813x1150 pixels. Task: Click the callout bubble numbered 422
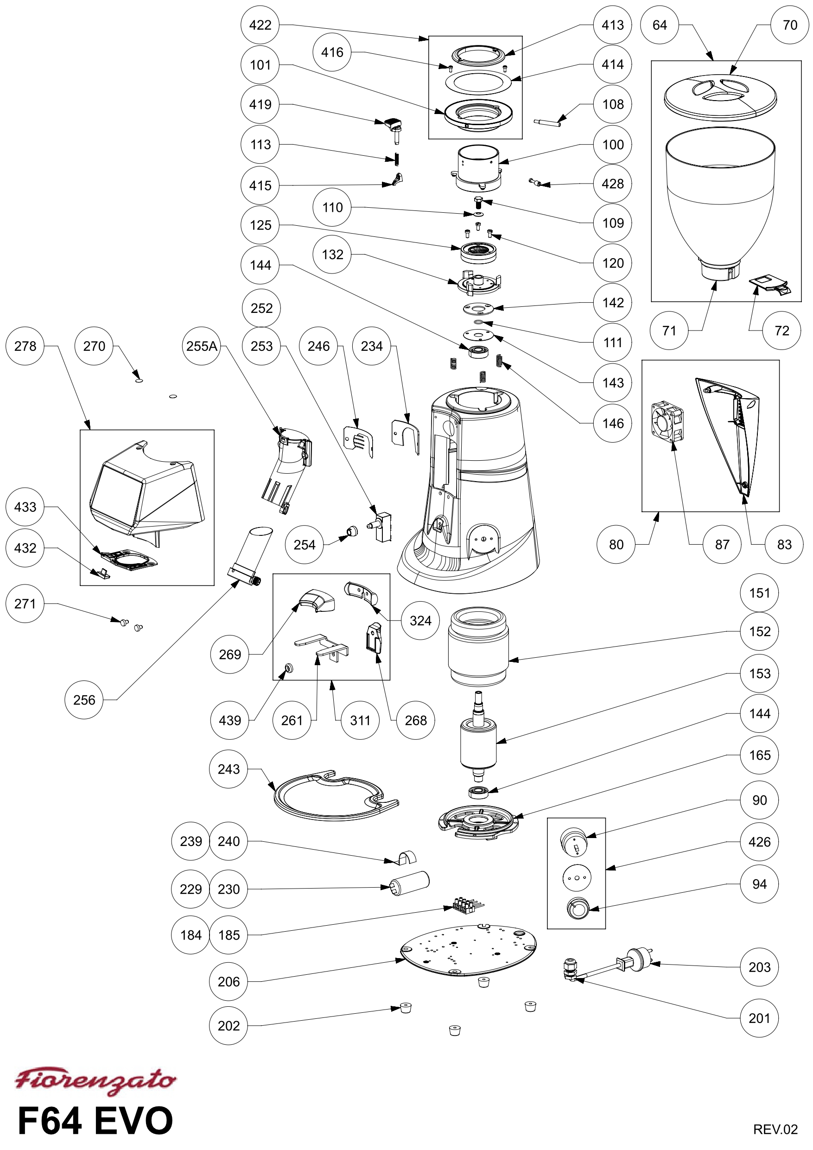point(260,25)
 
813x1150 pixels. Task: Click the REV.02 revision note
point(775,1129)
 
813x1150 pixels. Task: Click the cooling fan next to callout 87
point(667,421)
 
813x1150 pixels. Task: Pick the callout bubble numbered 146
point(613,423)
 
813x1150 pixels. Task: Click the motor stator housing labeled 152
point(479,647)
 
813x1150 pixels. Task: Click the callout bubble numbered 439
point(230,720)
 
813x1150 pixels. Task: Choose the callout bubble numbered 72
point(781,330)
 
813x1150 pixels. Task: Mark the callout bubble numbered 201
point(759,1018)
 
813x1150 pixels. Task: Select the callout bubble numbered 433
point(25,507)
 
